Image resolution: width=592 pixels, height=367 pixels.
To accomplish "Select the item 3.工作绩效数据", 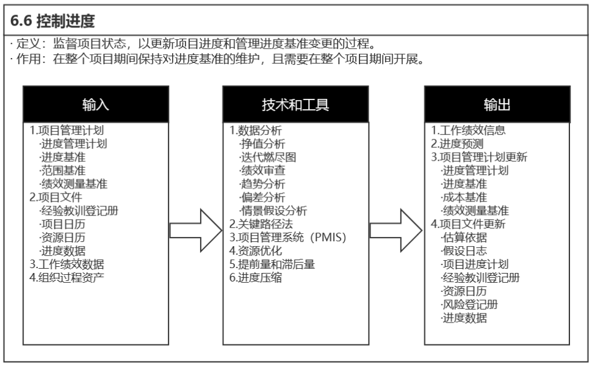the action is click(67, 264).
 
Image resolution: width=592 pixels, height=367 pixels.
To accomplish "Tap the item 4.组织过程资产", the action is click(67, 278).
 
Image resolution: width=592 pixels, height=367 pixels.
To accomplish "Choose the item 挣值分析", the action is click(262, 144).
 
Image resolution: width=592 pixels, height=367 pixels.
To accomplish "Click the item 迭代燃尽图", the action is click(267, 158).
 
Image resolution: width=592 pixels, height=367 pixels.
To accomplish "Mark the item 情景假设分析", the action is click(273, 211).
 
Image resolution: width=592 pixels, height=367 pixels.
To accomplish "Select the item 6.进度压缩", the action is click(256, 278).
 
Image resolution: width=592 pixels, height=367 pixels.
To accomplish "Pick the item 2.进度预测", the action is click(458, 144).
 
